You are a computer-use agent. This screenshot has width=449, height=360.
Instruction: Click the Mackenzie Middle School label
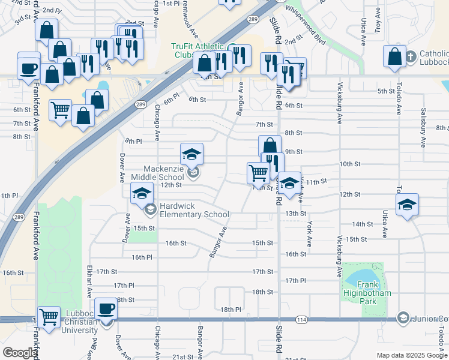click(163, 173)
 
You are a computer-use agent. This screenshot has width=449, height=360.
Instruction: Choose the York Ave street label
click(310, 233)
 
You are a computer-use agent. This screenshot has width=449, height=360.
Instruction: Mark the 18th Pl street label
click(230, 310)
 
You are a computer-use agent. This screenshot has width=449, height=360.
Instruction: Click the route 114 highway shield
click(301, 320)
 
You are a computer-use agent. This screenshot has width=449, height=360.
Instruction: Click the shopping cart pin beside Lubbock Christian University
click(49, 316)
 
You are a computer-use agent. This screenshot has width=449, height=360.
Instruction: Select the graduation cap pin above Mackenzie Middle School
click(192, 155)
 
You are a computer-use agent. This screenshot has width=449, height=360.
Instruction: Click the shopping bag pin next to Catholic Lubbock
click(395, 57)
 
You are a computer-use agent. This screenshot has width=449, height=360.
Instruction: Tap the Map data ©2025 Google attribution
click(411, 355)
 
